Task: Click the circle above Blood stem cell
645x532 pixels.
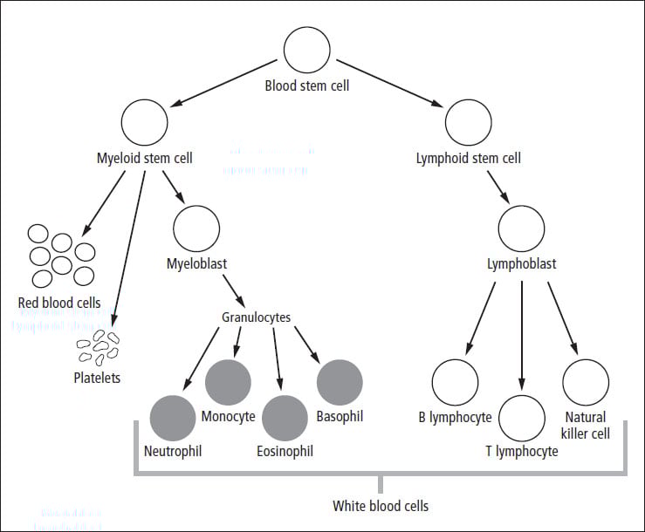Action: [307, 53]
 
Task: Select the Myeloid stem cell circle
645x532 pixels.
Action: [145, 122]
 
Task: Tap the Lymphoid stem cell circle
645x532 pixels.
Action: [468, 122]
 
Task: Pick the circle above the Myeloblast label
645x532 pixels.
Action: [196, 227]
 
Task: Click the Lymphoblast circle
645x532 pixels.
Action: [521, 227]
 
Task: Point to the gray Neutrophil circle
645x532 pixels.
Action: [173, 418]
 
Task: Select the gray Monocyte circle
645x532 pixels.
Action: [228, 381]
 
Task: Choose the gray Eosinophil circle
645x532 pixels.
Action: [285, 418]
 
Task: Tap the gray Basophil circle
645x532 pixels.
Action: [340, 381]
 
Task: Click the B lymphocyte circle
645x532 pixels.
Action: [455, 381]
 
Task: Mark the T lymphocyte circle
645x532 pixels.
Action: [521, 418]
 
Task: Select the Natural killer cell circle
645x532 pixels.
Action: [586, 381]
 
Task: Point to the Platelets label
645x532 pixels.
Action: [97, 378]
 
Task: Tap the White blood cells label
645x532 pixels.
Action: [381, 506]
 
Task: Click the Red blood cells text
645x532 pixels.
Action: [59, 303]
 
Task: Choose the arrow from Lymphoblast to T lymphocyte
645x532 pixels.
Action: [521, 336]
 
